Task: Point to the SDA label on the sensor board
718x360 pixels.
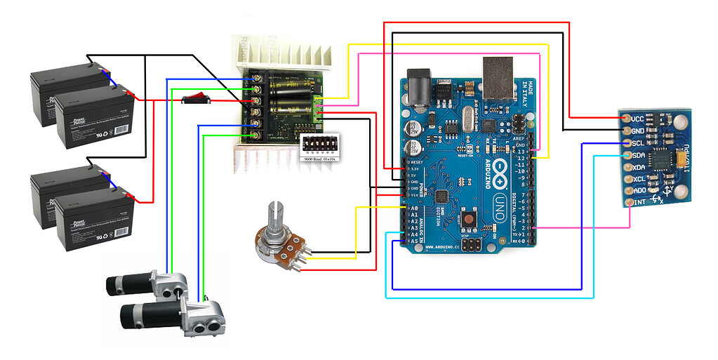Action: tap(638, 155)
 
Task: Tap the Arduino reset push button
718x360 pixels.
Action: tap(467, 220)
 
